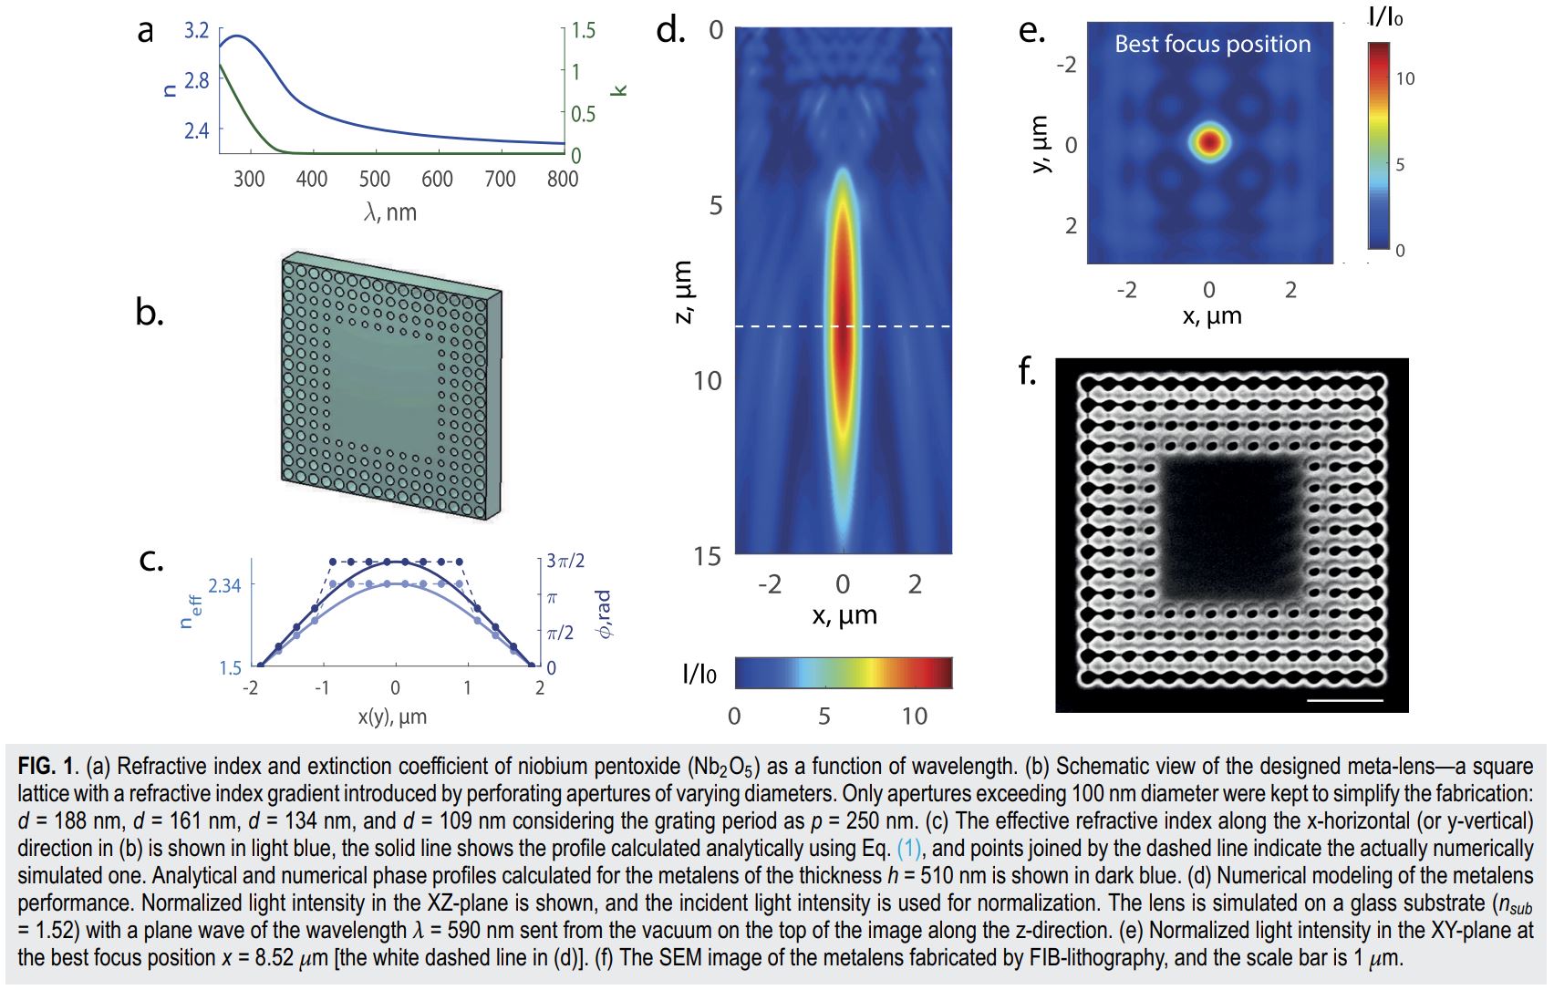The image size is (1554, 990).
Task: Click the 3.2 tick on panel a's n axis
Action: [x=196, y=31]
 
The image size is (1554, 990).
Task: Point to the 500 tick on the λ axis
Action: [x=374, y=179]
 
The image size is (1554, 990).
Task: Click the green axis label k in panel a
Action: [x=619, y=89]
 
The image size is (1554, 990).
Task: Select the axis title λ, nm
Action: [x=390, y=212]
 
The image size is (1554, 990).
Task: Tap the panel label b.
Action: [x=149, y=313]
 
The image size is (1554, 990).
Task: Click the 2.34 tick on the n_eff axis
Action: [x=224, y=585]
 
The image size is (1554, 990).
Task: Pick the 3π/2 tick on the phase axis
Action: [x=565, y=562]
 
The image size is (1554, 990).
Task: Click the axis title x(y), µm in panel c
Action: [x=392, y=716]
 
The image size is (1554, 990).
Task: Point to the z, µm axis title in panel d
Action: [x=682, y=292]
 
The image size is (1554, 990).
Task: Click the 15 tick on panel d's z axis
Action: [x=707, y=556]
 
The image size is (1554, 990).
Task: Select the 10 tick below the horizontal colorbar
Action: [x=915, y=717]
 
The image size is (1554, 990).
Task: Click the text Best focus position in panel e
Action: [x=1212, y=44]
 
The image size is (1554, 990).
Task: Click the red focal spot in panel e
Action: [x=1209, y=142]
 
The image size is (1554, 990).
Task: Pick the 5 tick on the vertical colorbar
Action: [x=1400, y=165]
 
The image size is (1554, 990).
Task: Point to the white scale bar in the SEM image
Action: [x=1345, y=700]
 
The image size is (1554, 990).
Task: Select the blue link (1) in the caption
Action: [x=909, y=849]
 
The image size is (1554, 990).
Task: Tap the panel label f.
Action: [x=1028, y=372]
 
